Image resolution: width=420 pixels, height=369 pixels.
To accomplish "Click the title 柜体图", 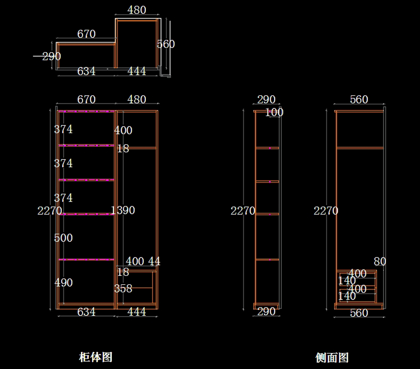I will click(x=96, y=357).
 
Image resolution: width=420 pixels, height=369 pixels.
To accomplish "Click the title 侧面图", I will click(x=332, y=357).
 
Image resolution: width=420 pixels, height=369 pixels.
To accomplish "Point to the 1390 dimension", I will click(x=123, y=210).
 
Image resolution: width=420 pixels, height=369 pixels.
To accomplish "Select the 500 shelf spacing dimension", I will click(x=63, y=238).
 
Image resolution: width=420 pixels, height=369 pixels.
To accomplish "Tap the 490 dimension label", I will click(x=63, y=283).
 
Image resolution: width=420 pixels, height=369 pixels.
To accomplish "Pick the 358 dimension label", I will click(x=123, y=288).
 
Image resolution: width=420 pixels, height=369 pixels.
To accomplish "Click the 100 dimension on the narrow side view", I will click(x=274, y=112).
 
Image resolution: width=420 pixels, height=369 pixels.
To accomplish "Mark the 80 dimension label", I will click(x=380, y=261).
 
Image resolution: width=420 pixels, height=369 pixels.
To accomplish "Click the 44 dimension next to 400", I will click(x=154, y=261).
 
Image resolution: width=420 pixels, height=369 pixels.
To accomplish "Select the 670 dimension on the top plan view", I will click(x=86, y=34).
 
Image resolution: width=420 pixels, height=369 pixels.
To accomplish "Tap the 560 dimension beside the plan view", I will click(x=166, y=44).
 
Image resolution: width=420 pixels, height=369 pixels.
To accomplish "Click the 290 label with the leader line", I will click(x=51, y=56).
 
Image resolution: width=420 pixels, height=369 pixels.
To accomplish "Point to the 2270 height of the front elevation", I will click(x=49, y=210).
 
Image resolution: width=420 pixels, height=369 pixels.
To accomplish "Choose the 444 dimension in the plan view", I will click(x=136, y=71).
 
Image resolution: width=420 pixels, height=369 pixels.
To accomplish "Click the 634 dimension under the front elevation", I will click(x=86, y=312).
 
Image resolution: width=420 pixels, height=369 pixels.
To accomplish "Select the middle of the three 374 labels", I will click(x=63, y=163).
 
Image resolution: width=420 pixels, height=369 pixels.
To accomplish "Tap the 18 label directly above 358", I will click(x=123, y=272).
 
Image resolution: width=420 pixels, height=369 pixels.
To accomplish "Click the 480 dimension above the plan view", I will click(x=136, y=10).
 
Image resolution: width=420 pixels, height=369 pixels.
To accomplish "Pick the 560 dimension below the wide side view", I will click(x=359, y=313).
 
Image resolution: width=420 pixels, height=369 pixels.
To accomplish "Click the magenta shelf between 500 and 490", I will click(x=86, y=259).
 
